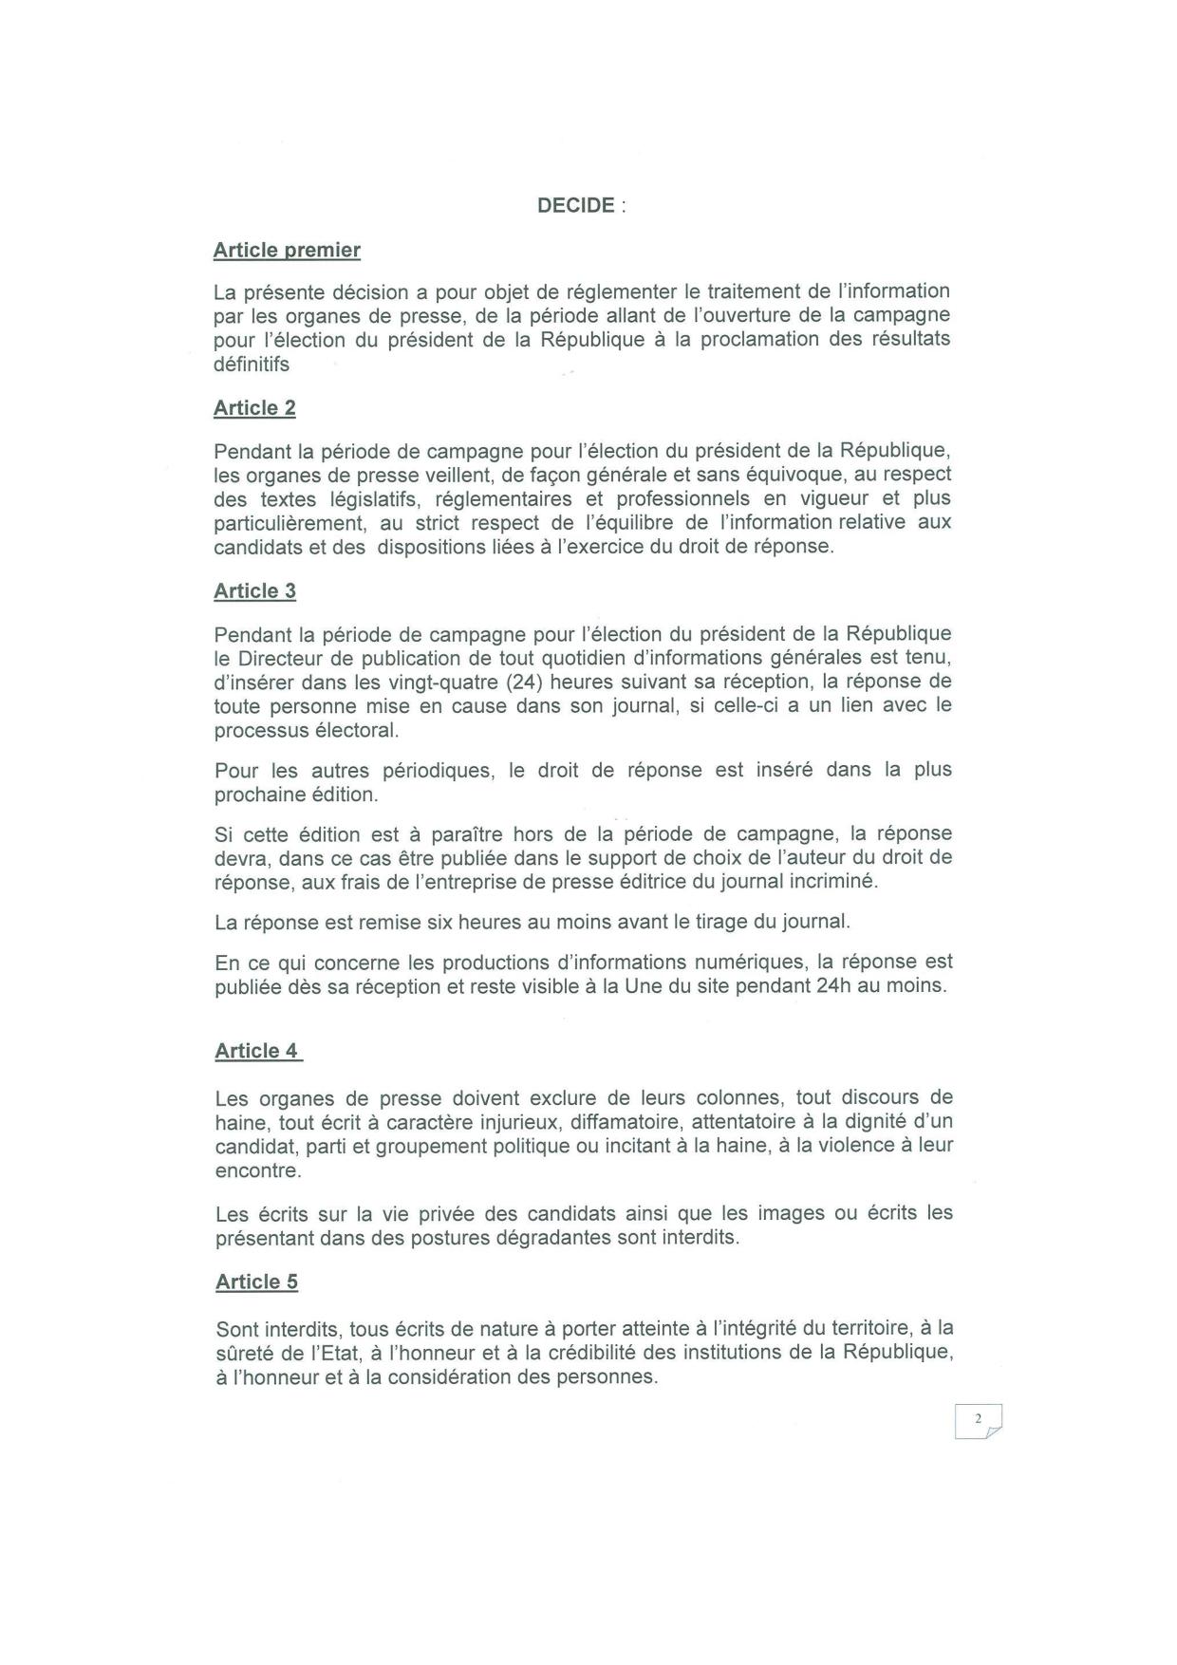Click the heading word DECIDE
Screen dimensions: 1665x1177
click(x=576, y=205)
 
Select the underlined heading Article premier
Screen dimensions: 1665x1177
click(x=287, y=251)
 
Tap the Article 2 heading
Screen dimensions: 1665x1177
click(x=254, y=408)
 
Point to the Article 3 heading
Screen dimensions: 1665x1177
click(x=254, y=591)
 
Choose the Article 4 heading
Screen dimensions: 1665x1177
click(x=256, y=1051)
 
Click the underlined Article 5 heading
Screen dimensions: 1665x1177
click(x=256, y=1281)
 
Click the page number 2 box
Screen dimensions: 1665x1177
click(x=978, y=1421)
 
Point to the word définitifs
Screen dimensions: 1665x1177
click(x=252, y=364)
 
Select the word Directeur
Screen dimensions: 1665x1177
click(x=277, y=658)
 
